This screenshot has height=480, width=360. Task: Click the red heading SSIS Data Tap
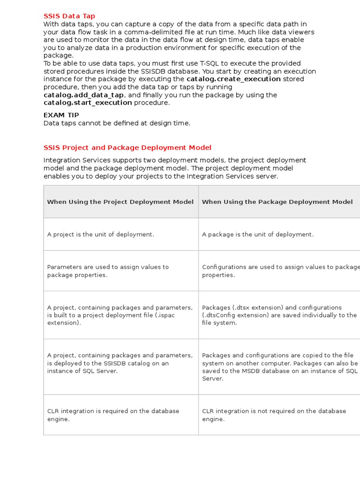coord(69,16)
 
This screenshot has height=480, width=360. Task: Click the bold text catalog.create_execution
coord(233,79)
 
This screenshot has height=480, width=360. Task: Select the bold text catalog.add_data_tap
coord(84,95)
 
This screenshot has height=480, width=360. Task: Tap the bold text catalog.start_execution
coord(88,103)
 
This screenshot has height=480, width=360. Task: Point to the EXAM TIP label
coord(61,115)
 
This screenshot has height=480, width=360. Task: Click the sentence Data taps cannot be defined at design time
coord(117,123)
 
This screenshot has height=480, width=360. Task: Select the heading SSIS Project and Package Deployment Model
coord(127,148)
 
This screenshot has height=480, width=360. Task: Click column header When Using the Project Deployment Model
coord(120,202)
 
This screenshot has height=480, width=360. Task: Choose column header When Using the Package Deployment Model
coord(277,202)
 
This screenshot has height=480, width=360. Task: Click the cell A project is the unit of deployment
coord(100,234)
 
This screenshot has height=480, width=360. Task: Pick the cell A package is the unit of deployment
coord(258,234)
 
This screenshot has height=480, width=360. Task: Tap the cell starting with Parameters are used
coord(108,271)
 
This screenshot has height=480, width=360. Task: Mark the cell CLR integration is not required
coord(274,415)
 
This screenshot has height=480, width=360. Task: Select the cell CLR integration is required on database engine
coord(113,415)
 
